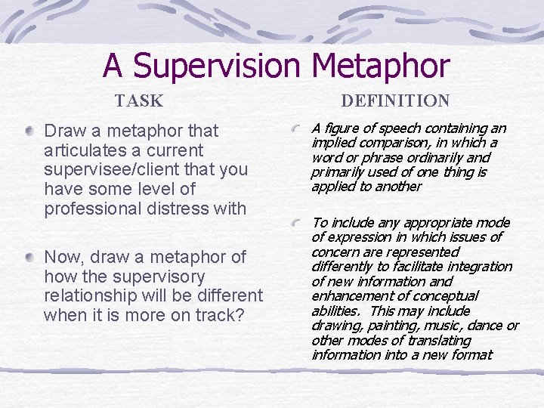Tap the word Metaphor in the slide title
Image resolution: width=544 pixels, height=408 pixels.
click(380, 66)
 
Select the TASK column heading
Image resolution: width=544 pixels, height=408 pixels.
click(139, 100)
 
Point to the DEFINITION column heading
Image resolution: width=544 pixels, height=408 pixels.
click(395, 100)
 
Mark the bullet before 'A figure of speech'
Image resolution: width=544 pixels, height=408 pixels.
click(300, 128)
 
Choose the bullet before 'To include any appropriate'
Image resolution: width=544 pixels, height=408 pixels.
click(300, 223)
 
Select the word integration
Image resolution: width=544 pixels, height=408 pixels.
click(477, 266)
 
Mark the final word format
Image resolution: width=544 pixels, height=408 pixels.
click(471, 354)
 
